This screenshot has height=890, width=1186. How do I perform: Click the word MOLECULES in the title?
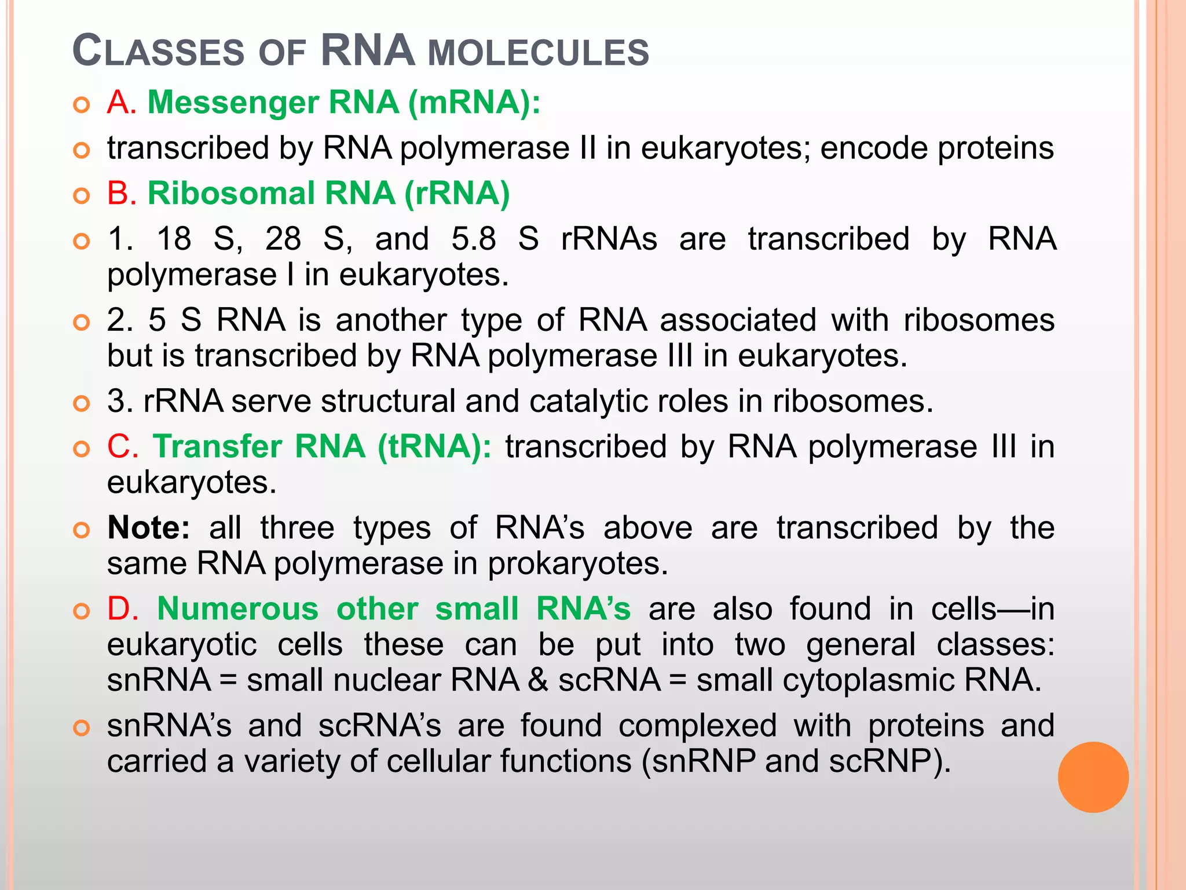point(538,53)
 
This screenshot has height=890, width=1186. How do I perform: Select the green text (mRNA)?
point(474,103)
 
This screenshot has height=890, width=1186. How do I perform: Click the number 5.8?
point(474,239)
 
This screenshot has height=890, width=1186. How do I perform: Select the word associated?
point(738,320)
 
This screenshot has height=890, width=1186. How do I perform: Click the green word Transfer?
point(217,447)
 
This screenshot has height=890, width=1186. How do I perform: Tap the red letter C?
point(122,447)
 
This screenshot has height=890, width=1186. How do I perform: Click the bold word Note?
point(148,528)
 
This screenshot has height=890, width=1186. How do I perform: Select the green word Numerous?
point(237,609)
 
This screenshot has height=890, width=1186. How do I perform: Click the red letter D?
point(122,609)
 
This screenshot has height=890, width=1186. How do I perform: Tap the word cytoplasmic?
point(868,680)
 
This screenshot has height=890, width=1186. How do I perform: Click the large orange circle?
point(1093,777)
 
